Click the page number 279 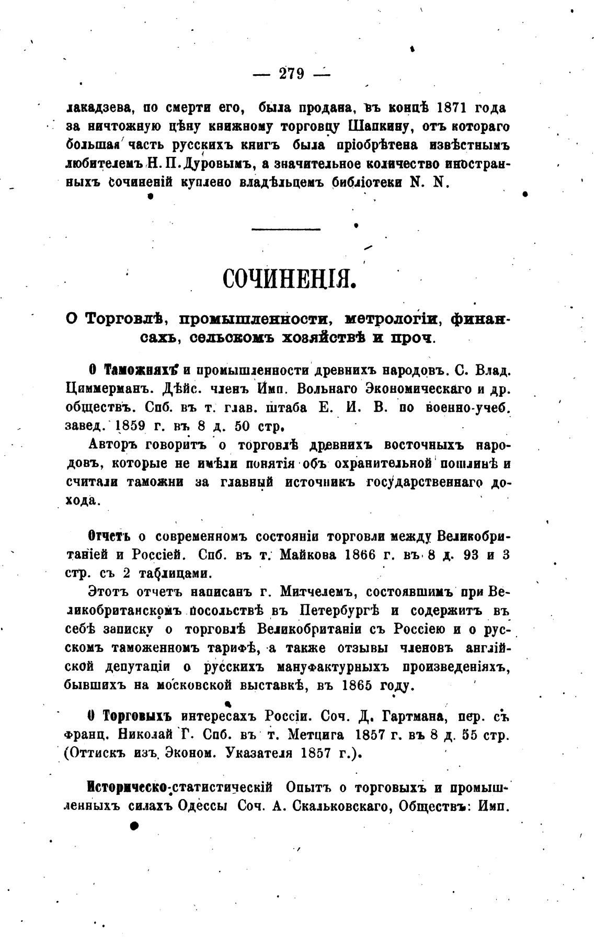292,74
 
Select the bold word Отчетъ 109,536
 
